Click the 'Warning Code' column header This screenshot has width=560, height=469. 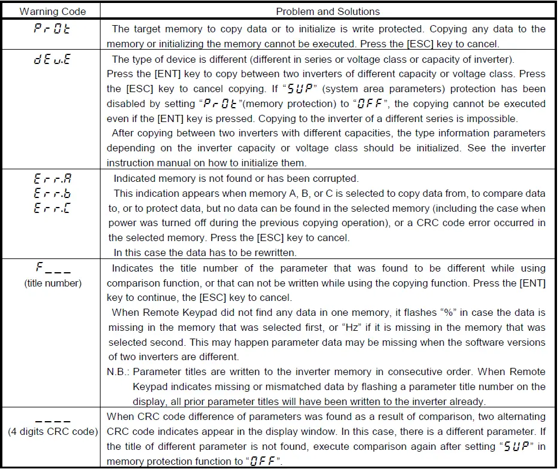[53, 11]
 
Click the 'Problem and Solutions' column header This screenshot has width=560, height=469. [328, 11]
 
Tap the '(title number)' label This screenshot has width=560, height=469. [53, 283]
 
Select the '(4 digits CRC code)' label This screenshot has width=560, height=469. [53, 431]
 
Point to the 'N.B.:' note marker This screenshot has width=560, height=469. [119, 371]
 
